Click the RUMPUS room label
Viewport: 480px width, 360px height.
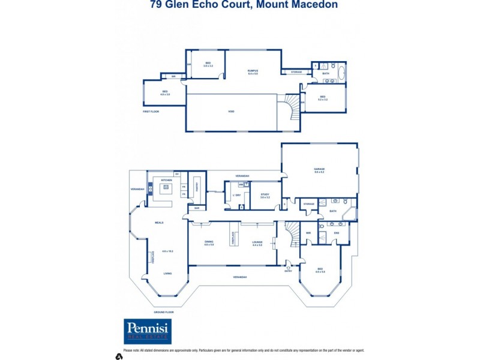point(253,71)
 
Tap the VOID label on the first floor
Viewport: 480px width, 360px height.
point(231,112)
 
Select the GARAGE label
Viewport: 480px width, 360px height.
point(319,170)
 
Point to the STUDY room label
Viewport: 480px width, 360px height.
point(265,195)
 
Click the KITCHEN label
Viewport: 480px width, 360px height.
point(166,180)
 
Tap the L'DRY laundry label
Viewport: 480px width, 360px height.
point(236,195)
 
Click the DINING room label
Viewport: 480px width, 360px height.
point(209,242)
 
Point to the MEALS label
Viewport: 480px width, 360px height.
point(159,223)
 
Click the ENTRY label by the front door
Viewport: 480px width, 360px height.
point(288,271)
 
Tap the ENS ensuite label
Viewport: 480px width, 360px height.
point(337,232)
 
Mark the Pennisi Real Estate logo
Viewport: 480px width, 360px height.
point(148,331)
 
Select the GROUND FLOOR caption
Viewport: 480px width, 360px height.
point(163,312)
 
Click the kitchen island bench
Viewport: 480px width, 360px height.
point(165,191)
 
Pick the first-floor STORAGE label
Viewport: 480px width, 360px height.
point(296,72)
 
